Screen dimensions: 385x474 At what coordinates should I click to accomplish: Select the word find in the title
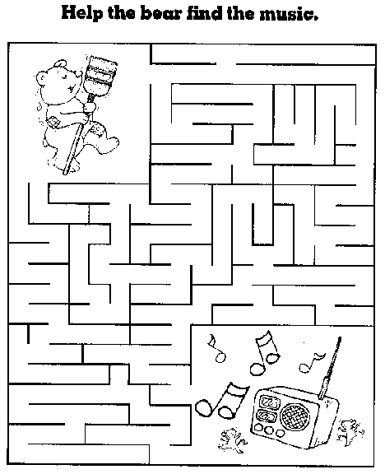(205, 13)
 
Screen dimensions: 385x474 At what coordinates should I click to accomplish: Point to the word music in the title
(289, 14)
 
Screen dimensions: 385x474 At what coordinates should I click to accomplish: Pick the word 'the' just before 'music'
(241, 13)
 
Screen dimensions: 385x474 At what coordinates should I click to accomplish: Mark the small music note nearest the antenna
(311, 361)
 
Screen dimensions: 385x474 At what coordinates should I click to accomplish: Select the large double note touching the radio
(222, 401)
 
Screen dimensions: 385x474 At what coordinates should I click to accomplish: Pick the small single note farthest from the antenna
(217, 347)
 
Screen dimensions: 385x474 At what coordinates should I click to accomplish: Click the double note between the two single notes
(265, 352)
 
